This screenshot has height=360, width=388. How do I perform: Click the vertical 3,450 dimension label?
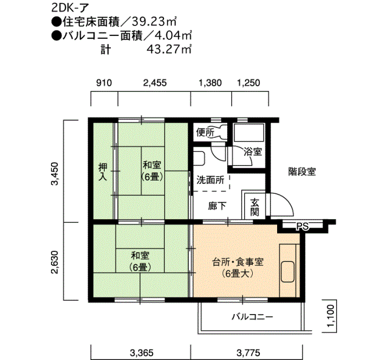pos(54,174)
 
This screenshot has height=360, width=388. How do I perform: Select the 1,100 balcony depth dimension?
pos(331,317)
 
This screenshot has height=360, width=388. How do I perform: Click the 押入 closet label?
pos(103,172)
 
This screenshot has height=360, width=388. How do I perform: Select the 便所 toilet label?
pos(206,133)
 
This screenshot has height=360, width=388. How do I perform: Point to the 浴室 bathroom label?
pos(253,151)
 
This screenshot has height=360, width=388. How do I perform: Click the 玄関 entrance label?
pos(255,207)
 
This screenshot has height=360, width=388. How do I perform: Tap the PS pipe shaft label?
pos(302,226)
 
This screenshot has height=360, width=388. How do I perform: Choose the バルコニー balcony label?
pos(252,317)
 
